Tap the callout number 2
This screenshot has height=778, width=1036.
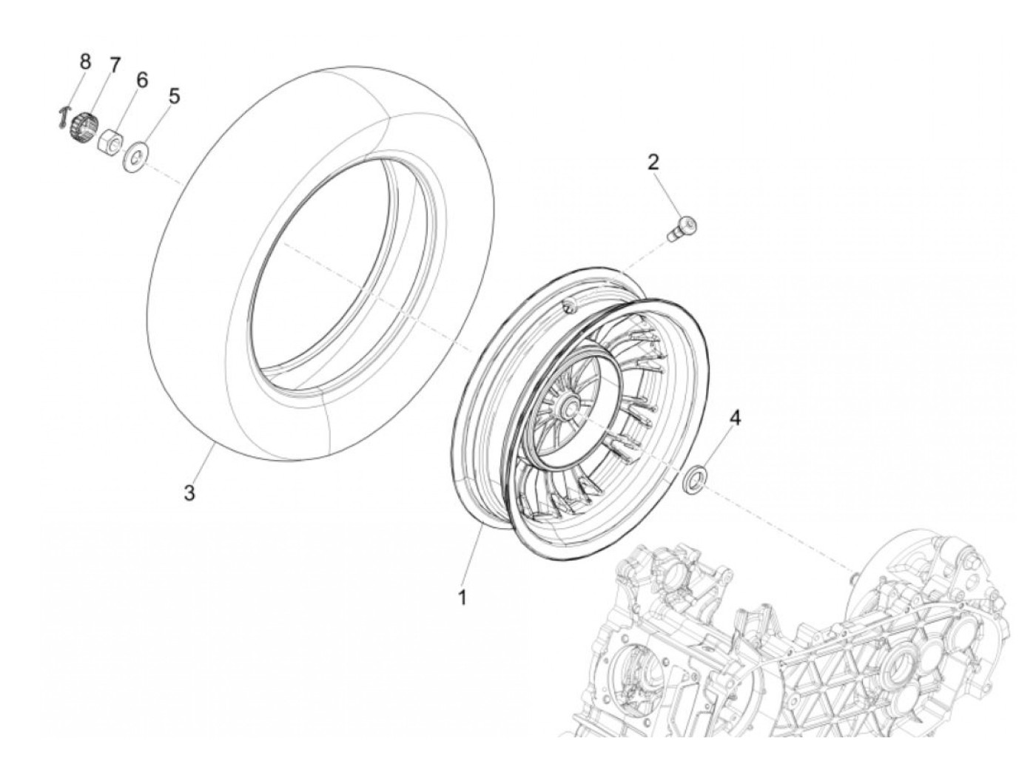pos(653,162)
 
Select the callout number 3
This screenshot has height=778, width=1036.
pos(189,493)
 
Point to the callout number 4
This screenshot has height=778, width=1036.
pos(734,418)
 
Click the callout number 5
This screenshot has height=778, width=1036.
pos(174,95)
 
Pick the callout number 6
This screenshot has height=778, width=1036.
pos(141,79)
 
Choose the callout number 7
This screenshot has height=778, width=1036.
pos(114,65)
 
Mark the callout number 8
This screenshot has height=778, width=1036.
pos(85,61)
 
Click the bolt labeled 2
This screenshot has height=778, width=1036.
pos(682,226)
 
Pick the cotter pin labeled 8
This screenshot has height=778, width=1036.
pos(64,118)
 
